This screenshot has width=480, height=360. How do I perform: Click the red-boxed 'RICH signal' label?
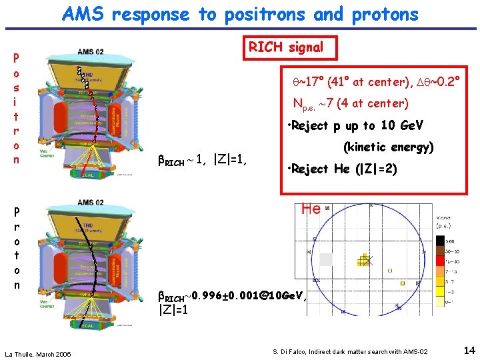286,47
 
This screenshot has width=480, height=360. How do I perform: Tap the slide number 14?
469,350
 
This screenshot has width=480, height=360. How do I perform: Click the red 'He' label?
311,209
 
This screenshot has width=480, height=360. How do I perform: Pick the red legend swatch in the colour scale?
441,255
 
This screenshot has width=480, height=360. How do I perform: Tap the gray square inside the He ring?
325,259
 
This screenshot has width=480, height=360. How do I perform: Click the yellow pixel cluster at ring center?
364,260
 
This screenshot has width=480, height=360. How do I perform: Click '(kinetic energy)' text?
388,147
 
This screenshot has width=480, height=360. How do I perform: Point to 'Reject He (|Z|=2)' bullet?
341,169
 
